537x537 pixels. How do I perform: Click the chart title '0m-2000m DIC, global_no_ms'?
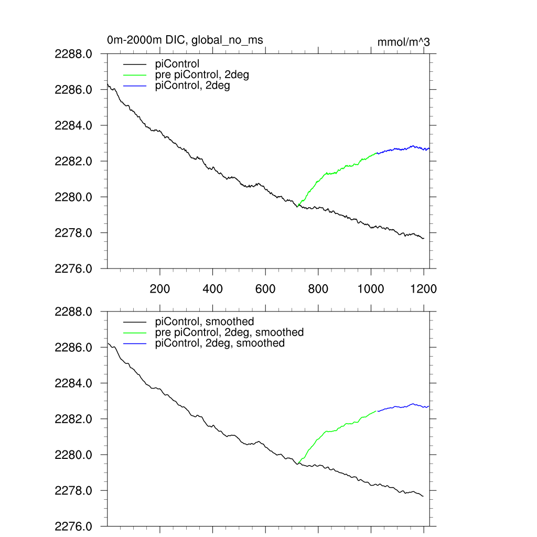pos(185,40)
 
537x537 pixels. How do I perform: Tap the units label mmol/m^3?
pos(403,42)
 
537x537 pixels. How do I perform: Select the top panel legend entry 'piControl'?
pos(177,65)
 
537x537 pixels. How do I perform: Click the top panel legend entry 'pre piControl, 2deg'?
pos(202,75)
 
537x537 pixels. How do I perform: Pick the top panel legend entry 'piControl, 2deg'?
pos(192,86)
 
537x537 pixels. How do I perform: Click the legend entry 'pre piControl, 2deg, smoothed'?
pos(229,332)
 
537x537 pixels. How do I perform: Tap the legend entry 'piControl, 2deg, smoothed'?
pos(220,343)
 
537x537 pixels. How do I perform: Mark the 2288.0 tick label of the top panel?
pos(73,53)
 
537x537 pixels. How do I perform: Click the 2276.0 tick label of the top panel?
pos(73,268)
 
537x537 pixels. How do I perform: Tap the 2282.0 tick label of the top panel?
pos(73,161)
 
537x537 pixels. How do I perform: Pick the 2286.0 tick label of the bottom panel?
pos(73,348)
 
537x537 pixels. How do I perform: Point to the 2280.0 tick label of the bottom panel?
pos(73,455)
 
